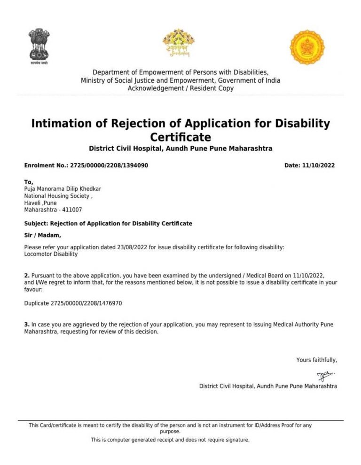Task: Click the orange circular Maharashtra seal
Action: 307,47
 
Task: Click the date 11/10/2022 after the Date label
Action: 319,166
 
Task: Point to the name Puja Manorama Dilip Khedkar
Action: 63,189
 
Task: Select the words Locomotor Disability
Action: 51,254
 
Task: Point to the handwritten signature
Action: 325,375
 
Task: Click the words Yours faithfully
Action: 316,360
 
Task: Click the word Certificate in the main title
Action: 180,137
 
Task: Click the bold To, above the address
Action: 29,182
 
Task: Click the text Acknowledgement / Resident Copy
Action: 180,88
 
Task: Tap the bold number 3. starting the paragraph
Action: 27,324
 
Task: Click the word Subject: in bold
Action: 36,223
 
